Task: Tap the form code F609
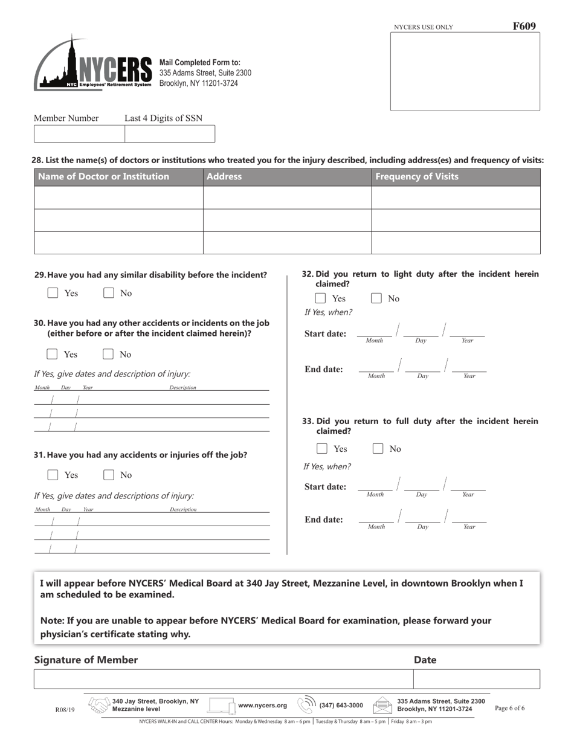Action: (524, 26)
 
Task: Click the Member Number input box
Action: (79, 134)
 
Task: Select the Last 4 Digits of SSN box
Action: (169, 134)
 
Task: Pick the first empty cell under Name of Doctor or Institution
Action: (118, 198)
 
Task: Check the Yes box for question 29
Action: (53, 293)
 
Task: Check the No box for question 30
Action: (109, 354)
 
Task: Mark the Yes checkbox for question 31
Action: (53, 475)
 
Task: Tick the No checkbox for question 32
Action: (376, 298)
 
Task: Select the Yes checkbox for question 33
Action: (323, 449)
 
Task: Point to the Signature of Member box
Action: (223, 679)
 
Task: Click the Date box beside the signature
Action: (476, 679)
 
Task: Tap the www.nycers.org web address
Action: (262, 706)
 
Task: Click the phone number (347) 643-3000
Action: (341, 706)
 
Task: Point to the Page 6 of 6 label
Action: (509, 708)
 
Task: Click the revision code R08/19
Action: (65, 710)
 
